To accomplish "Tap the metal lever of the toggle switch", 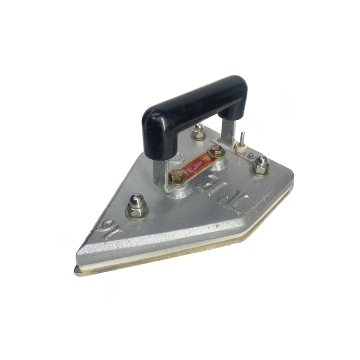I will [x=242, y=136].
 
